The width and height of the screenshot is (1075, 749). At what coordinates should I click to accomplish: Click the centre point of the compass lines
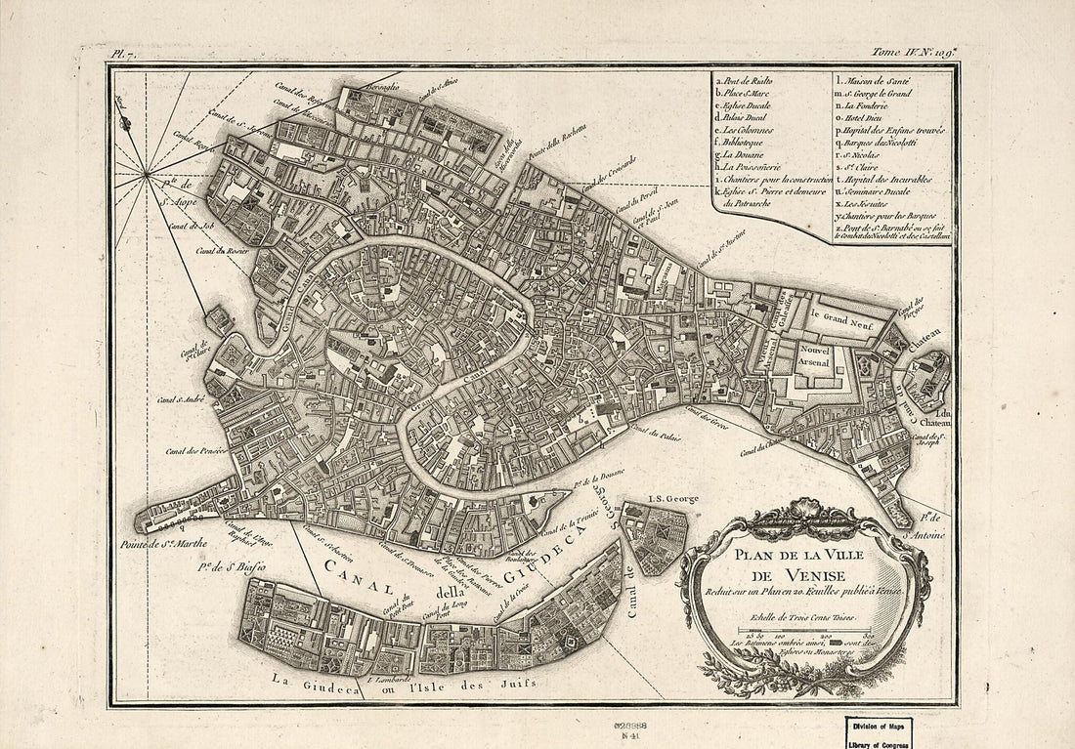pyautogui.click(x=146, y=175)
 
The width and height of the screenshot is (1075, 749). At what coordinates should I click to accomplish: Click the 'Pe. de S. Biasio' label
pyautogui.click(x=233, y=565)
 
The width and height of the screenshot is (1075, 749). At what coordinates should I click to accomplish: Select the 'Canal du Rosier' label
pyautogui.click(x=219, y=251)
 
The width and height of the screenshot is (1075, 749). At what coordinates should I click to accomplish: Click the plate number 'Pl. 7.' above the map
pyautogui.click(x=123, y=56)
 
